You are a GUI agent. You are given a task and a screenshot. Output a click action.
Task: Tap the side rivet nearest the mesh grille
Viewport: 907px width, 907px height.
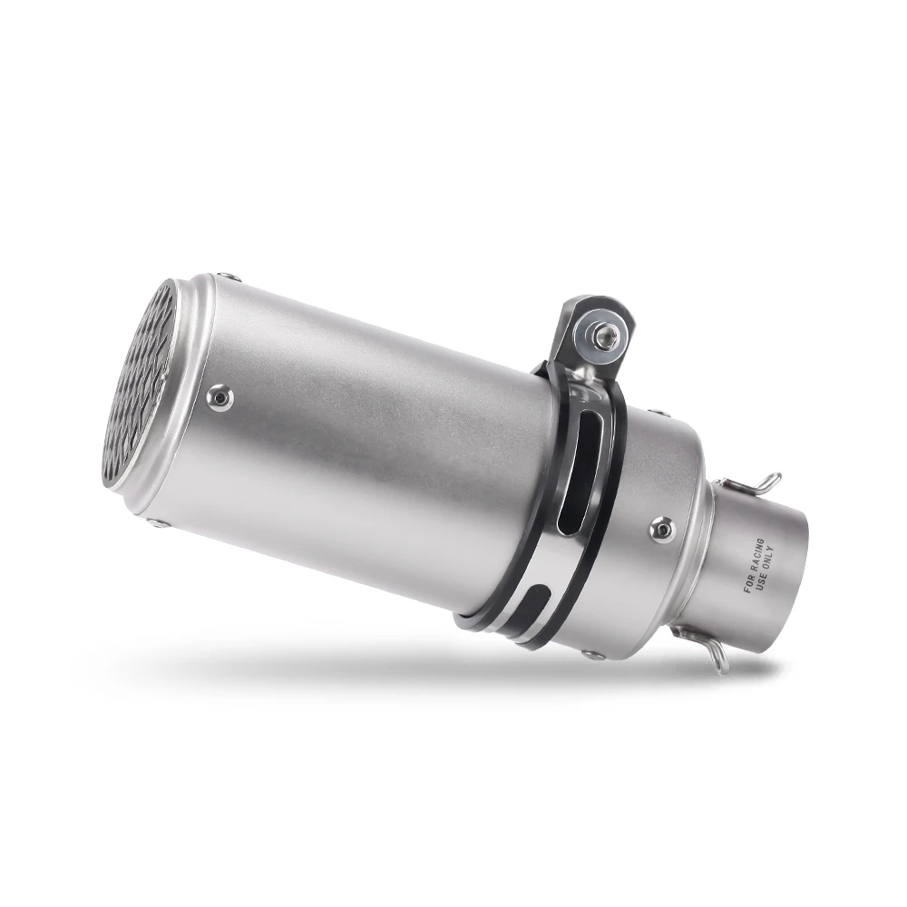[219, 396]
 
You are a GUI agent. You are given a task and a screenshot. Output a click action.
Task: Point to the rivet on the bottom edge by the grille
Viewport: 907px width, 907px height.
[159, 522]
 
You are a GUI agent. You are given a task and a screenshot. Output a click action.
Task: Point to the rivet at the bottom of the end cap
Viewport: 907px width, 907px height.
[593, 654]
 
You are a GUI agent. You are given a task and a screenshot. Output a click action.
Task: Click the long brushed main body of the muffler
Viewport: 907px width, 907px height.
[363, 453]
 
